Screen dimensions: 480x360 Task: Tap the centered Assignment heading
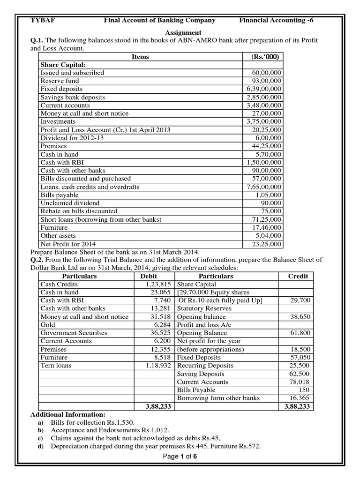pyautogui.click(x=183, y=33)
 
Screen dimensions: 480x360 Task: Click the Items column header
pyautogui.click(x=140, y=57)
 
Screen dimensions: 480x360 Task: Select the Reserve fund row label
pyautogui.click(x=60, y=81)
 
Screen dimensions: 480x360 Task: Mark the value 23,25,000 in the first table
pyautogui.click(x=266, y=244)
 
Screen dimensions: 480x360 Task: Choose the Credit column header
pyautogui.click(x=298, y=276)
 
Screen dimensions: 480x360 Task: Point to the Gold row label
pyautogui.click(x=47, y=325)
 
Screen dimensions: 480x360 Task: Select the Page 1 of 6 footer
pyautogui.click(x=180, y=457)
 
